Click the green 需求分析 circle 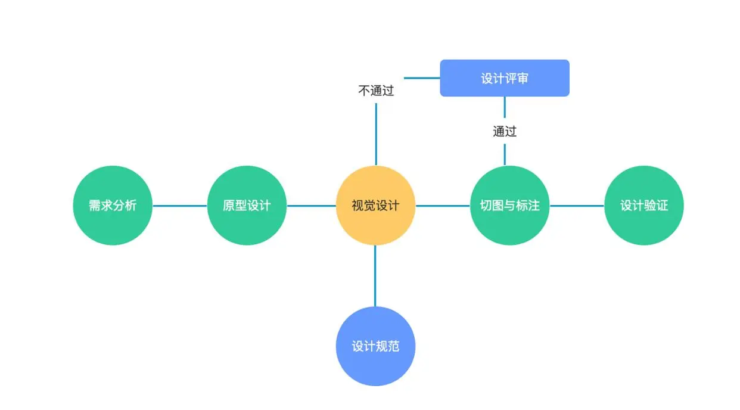click(113, 206)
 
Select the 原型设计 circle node click(247, 206)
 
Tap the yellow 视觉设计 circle click(375, 206)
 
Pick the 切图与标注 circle click(509, 206)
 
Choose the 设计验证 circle click(643, 206)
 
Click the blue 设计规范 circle click(375, 346)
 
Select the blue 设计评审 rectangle click(505, 78)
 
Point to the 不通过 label click(376, 91)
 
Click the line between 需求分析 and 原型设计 click(180, 206)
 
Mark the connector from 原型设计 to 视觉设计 click(311, 206)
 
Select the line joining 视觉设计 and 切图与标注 click(442, 206)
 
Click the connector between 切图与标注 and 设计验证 click(577, 206)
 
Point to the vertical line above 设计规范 click(375, 275)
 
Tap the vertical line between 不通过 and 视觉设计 click(376, 134)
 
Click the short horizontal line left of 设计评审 click(422, 78)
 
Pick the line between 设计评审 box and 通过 click(505, 108)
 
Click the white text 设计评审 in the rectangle click(505, 79)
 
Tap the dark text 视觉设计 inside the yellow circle click(375, 206)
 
